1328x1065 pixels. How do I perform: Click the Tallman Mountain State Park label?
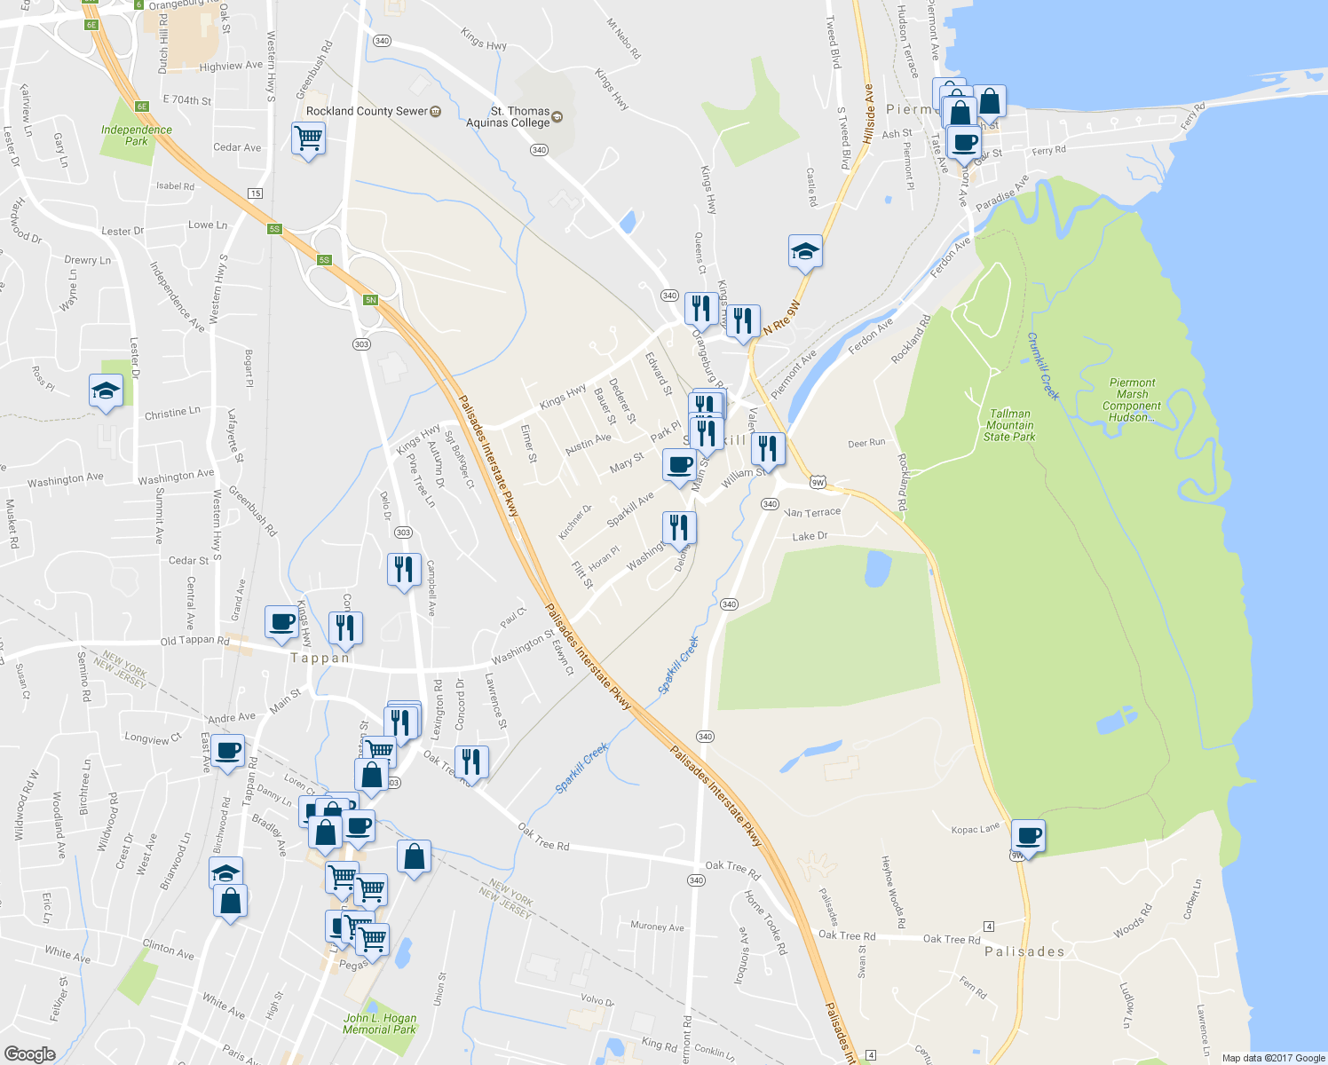tap(1009, 425)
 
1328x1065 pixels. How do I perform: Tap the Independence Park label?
tap(136, 135)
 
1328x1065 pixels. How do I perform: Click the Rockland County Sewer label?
tap(367, 111)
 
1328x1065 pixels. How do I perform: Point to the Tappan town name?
tap(320, 658)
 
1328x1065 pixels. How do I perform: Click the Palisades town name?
tap(1024, 951)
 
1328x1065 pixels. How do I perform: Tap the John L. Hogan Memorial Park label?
tap(380, 1023)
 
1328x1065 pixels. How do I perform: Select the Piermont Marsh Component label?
tap(1132, 400)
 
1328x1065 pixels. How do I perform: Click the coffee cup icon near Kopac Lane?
tap(1028, 835)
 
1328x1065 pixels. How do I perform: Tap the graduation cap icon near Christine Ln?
tap(106, 390)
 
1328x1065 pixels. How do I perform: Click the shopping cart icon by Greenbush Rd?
tap(308, 138)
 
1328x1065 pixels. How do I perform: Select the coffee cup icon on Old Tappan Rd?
tap(281, 622)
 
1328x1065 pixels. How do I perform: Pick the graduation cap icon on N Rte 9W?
tap(805, 250)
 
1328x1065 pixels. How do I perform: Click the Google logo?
tap(29, 1053)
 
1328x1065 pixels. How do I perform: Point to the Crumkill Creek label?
tap(1044, 366)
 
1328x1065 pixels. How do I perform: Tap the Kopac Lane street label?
tap(975, 830)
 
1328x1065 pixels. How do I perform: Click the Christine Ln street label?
tap(171, 414)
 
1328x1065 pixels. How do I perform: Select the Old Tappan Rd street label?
tap(194, 640)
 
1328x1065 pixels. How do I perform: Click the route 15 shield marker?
tap(256, 193)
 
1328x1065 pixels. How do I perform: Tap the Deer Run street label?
tap(866, 443)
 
